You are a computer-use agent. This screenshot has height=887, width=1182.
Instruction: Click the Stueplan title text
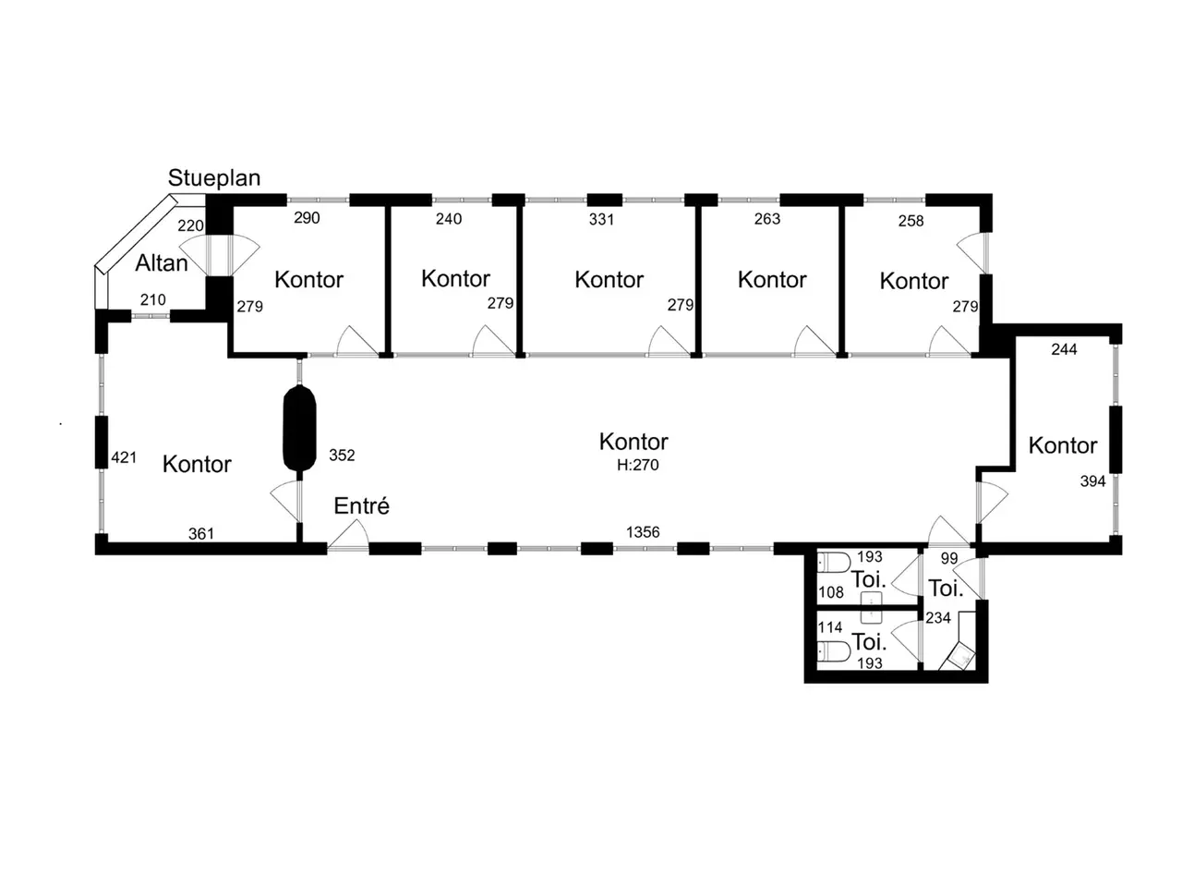[x=214, y=178]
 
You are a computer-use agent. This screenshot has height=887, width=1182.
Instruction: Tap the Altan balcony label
[x=161, y=263]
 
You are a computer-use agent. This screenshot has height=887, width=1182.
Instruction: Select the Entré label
[x=361, y=505]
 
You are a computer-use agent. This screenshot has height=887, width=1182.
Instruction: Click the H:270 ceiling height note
[x=637, y=465]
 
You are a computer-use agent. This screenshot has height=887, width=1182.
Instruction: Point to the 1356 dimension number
[x=643, y=532]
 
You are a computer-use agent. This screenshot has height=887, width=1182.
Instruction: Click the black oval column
[x=299, y=428]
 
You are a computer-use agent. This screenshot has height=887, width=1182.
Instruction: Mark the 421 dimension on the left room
[x=124, y=457]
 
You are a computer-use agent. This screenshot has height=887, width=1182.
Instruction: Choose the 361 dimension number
[x=201, y=534]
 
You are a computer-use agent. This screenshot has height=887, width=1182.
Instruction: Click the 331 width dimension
[x=601, y=219]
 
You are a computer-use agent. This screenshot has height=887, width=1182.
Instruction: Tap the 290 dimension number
[x=307, y=217]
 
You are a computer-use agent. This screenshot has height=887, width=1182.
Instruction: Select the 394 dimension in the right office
[x=1092, y=481]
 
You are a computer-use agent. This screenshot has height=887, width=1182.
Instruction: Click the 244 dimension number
[x=1064, y=349]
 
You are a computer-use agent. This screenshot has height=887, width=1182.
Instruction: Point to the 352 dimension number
[x=342, y=456]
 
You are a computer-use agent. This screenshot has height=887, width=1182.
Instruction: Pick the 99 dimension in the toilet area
[x=949, y=558]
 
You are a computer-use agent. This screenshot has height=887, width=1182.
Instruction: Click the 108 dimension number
[x=831, y=592]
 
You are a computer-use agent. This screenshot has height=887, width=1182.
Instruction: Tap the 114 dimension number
[x=830, y=627]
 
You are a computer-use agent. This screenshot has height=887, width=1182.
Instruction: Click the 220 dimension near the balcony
[x=190, y=225]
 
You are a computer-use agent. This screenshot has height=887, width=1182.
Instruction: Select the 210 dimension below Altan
[x=153, y=300]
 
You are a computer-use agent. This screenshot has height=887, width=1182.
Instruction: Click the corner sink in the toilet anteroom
[x=960, y=657]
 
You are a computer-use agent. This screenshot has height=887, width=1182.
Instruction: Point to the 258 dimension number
[x=911, y=221]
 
